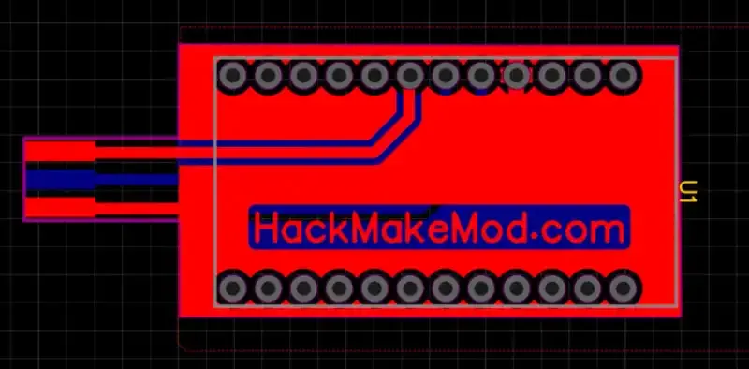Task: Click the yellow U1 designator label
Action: point(687,192)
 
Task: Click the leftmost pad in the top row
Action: point(232,75)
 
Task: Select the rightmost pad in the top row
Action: point(623,75)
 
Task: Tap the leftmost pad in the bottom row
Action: point(232,287)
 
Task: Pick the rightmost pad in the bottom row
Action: point(623,287)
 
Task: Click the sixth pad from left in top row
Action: point(409,75)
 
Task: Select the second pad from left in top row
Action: point(268,75)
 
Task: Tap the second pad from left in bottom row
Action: point(268,287)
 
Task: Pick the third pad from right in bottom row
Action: point(551,287)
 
